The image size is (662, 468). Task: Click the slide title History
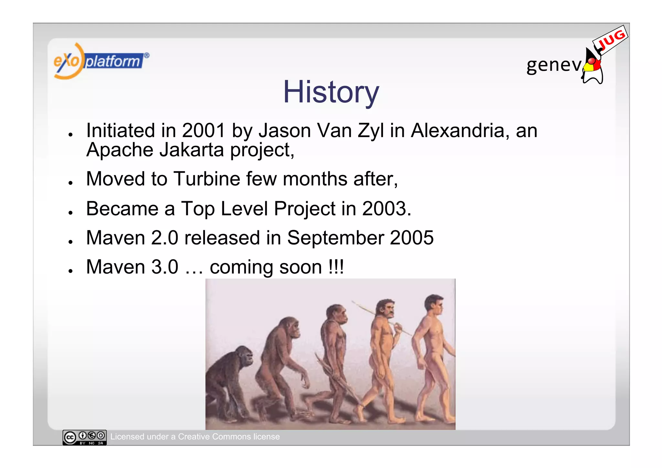click(331, 92)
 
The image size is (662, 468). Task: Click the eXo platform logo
click(101, 61)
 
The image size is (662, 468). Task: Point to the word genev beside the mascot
click(553, 65)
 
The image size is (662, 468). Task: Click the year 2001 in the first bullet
click(203, 131)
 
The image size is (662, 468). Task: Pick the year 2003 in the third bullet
click(384, 209)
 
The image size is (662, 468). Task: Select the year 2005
click(411, 238)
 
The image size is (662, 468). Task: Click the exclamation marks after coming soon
click(336, 267)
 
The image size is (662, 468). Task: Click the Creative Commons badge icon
click(84, 437)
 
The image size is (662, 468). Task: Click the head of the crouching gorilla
click(244, 356)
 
